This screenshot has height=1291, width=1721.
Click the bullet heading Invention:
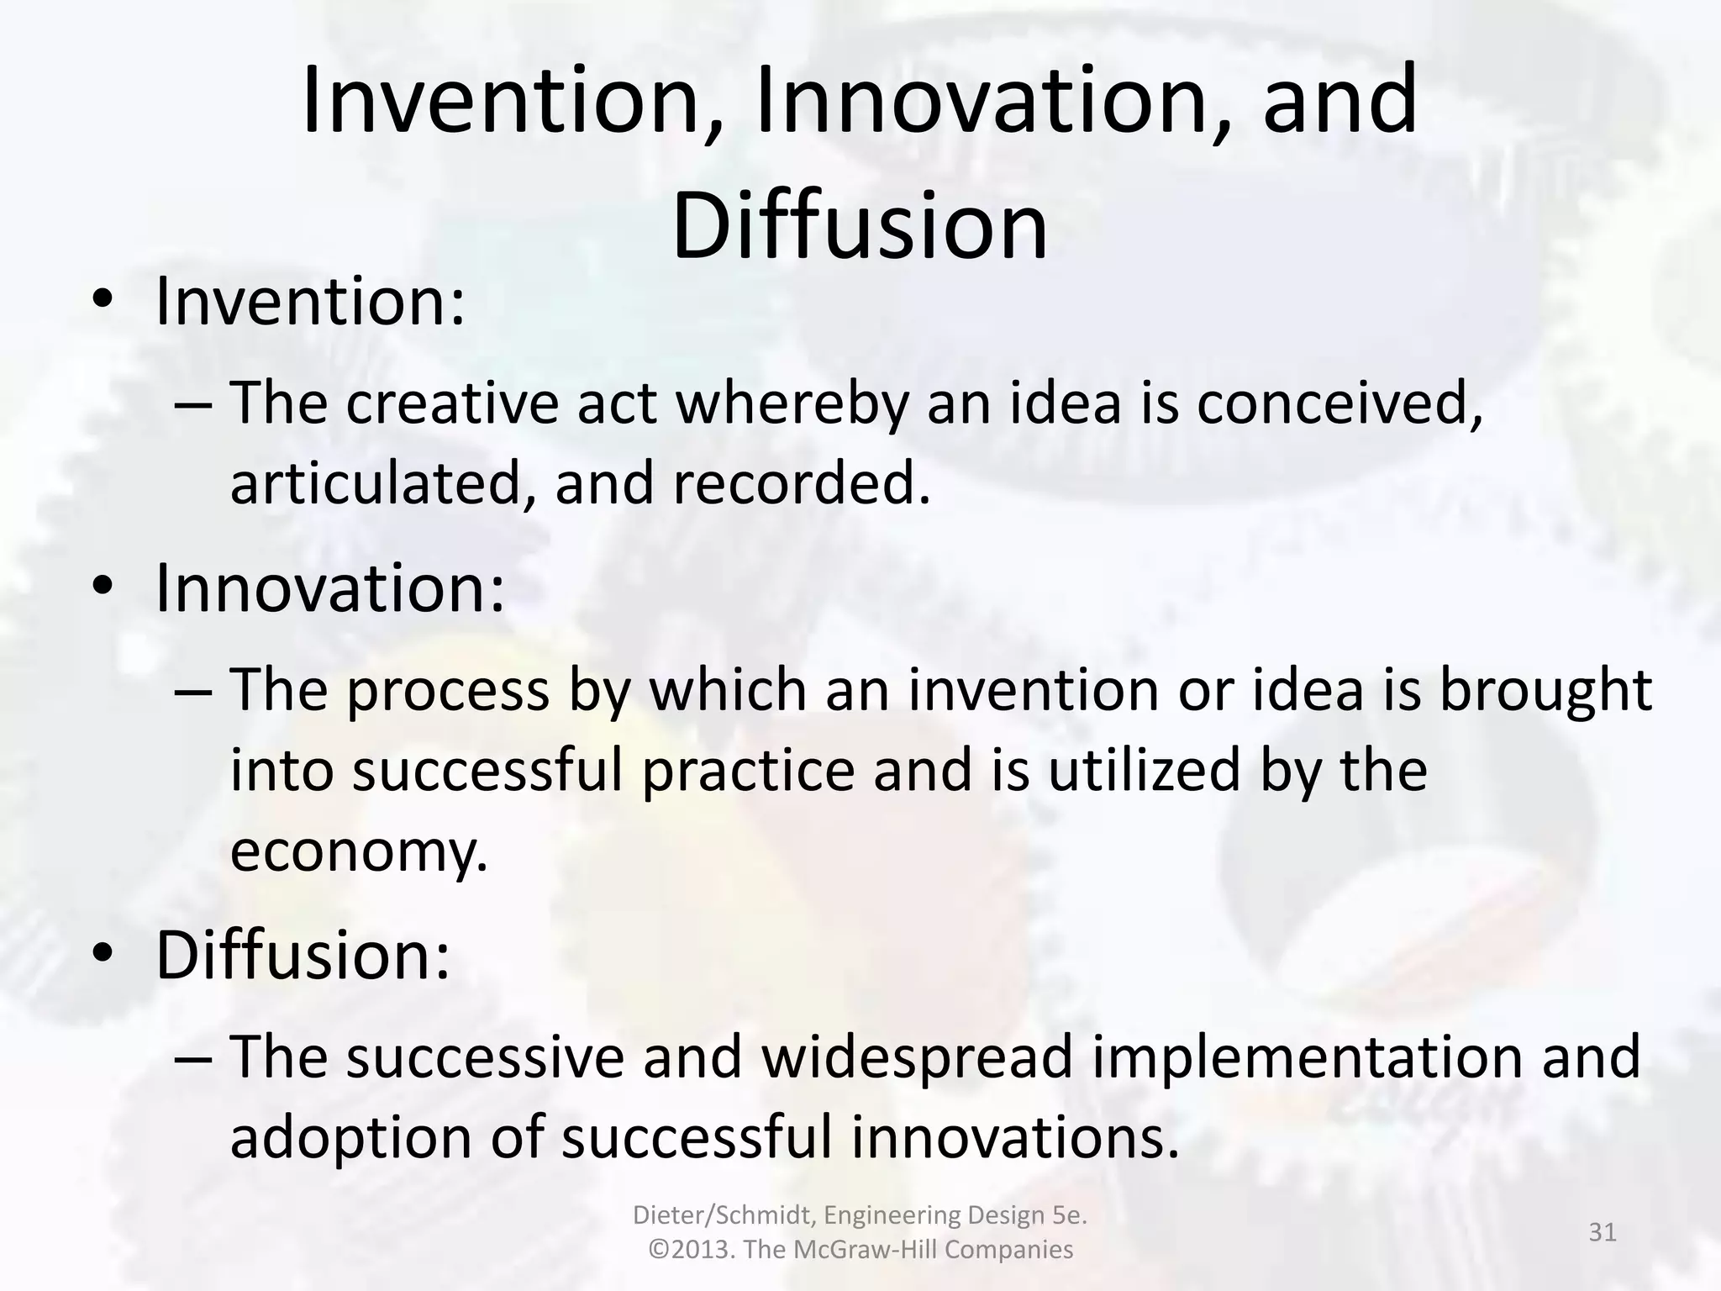310,302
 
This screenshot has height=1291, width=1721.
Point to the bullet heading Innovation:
330,588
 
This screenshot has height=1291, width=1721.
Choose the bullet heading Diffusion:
303,956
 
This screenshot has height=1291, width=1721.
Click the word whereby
792,403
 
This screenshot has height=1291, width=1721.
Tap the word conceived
1339,403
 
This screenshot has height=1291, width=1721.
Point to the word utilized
1143,771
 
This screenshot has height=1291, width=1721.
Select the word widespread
918,1057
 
